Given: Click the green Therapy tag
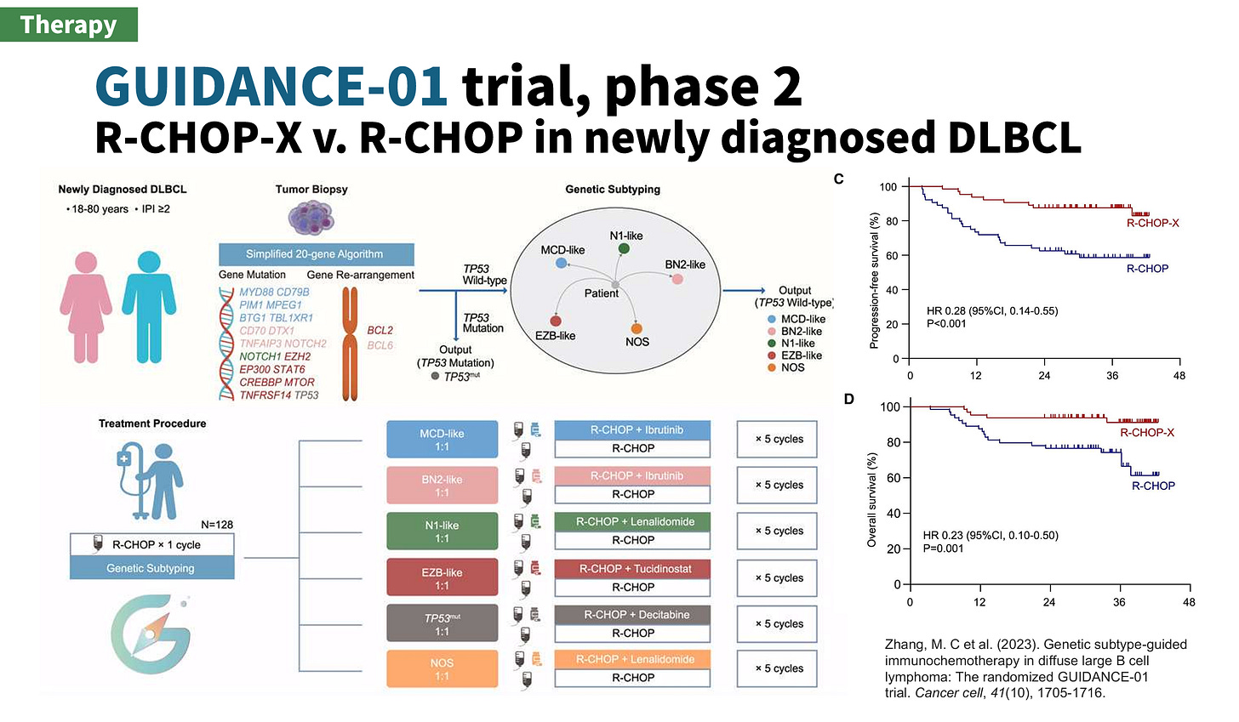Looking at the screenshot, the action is click(x=69, y=25).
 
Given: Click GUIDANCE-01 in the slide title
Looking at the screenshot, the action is click(x=271, y=86).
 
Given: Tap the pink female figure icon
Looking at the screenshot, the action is click(x=86, y=307).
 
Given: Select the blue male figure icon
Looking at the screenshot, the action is click(x=149, y=307).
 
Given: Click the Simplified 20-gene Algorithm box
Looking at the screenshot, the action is click(x=315, y=253).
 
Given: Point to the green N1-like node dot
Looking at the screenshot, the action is click(x=624, y=248).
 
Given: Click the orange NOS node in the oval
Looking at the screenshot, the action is click(x=637, y=328).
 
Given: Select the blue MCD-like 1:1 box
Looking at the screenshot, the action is click(x=442, y=440).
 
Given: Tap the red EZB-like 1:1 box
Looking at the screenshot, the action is click(x=442, y=578).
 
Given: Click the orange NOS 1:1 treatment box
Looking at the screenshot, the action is click(x=442, y=669).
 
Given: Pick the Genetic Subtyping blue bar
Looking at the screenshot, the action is click(x=151, y=568).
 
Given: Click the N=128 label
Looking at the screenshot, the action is click(x=216, y=525).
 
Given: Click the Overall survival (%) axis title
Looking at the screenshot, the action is click(x=871, y=499).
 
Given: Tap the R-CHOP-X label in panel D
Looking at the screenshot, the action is click(x=1146, y=433).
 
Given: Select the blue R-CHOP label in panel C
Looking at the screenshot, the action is click(x=1147, y=269).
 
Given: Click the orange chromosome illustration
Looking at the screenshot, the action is click(x=350, y=344).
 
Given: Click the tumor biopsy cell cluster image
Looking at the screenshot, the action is click(x=311, y=219).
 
